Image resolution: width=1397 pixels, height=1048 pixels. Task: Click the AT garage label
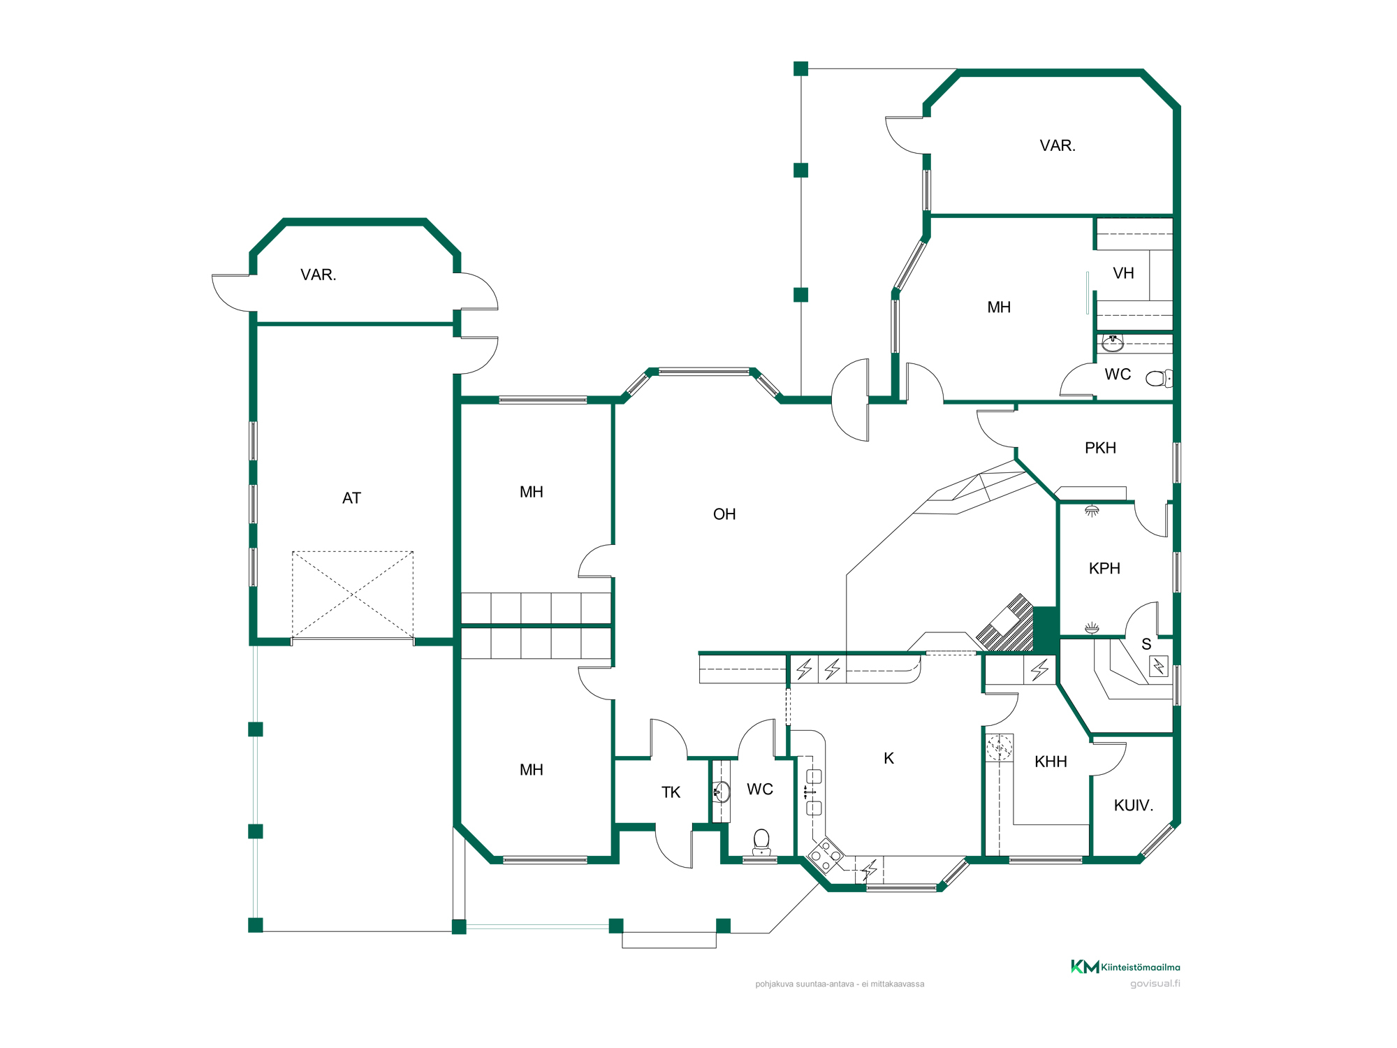click(351, 498)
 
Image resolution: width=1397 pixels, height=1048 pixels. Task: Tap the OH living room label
click(724, 514)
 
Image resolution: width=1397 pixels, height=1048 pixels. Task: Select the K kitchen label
click(888, 758)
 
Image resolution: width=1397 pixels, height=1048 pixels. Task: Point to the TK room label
click(671, 792)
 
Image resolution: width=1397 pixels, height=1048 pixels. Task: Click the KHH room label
click(1051, 762)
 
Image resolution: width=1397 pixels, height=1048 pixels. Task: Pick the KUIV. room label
click(1133, 806)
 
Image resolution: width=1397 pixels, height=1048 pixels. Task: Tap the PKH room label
click(1100, 448)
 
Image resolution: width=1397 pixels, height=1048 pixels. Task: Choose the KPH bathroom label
click(1104, 569)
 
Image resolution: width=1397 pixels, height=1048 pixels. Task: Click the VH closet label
click(1123, 273)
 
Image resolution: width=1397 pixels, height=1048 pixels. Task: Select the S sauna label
click(1146, 644)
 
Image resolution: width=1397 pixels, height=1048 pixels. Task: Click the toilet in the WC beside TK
click(761, 842)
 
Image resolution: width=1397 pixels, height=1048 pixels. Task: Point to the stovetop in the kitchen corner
click(826, 855)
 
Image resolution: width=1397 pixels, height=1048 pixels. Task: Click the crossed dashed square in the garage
click(353, 595)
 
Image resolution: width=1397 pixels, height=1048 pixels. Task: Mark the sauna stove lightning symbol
click(1159, 667)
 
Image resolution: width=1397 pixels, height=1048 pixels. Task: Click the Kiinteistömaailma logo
click(1125, 967)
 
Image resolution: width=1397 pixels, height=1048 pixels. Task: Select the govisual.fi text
click(1155, 984)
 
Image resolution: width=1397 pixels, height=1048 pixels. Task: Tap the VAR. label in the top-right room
click(1058, 145)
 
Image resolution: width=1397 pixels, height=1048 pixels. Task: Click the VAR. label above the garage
click(319, 275)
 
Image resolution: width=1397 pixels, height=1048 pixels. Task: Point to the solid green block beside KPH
click(1045, 629)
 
